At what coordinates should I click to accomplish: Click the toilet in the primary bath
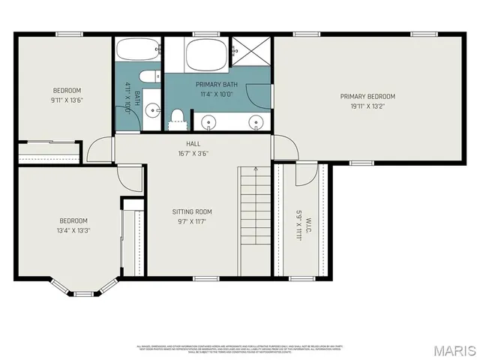(x=178, y=115)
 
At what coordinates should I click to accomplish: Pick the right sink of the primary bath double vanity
(x=255, y=122)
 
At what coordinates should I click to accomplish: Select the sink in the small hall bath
(x=154, y=109)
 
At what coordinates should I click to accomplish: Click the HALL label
(x=193, y=143)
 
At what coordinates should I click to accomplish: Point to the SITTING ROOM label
(x=193, y=211)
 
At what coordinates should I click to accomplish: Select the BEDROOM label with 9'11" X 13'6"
(x=66, y=90)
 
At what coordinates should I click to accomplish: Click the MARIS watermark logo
(x=454, y=350)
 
